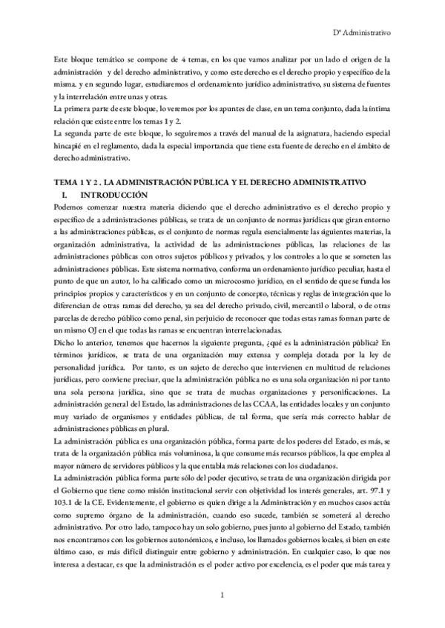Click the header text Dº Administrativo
(x=360, y=33)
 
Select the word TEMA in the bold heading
(x=67, y=182)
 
